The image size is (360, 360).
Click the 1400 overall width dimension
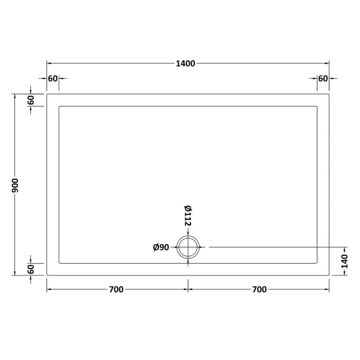[185, 63]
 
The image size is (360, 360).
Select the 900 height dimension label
[15, 185]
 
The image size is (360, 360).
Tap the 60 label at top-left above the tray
[52, 79]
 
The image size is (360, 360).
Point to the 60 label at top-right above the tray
[323, 79]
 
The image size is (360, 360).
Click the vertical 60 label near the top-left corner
[31, 100]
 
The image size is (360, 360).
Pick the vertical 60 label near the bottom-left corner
[31, 269]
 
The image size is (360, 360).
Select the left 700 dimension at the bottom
[116, 289]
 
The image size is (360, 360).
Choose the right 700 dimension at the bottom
[259, 289]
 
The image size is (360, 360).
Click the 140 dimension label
[344, 261]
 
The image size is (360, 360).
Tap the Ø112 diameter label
[188, 215]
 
